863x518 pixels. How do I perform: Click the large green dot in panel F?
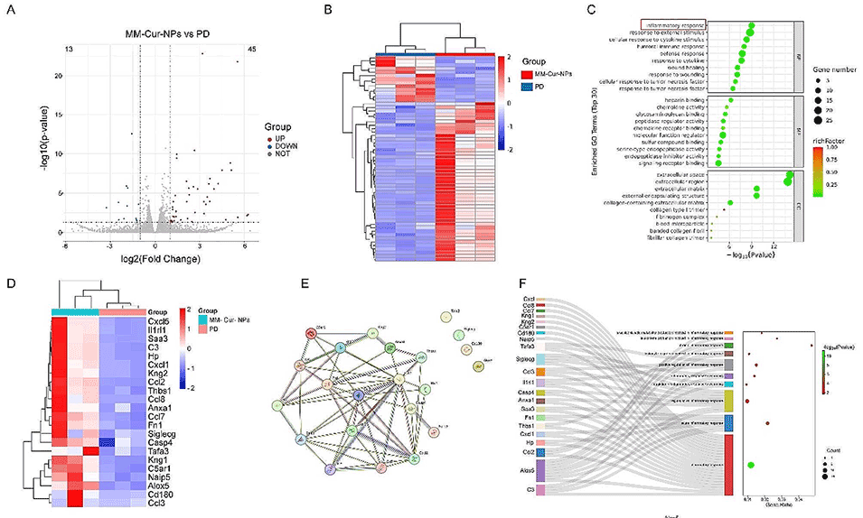(x=752, y=465)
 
